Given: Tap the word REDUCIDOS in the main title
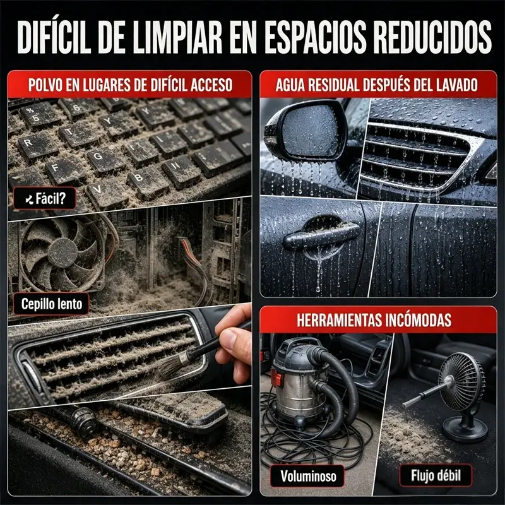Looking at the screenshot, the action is coord(433,37).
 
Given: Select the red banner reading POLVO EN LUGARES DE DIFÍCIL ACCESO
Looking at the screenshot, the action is coord(130,85).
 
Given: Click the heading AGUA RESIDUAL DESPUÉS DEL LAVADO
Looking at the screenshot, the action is coord(376,85).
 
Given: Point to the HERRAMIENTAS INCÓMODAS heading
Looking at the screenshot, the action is coord(374,320).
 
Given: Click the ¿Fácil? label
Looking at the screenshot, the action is coord(45,198).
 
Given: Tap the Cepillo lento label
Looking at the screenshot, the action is coord(52,304).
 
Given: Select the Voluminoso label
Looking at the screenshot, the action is coord(308,476).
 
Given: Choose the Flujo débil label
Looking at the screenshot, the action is coord(436,475).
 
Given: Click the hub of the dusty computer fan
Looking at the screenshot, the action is coord(62,253).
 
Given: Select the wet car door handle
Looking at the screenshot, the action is coord(321,235).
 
